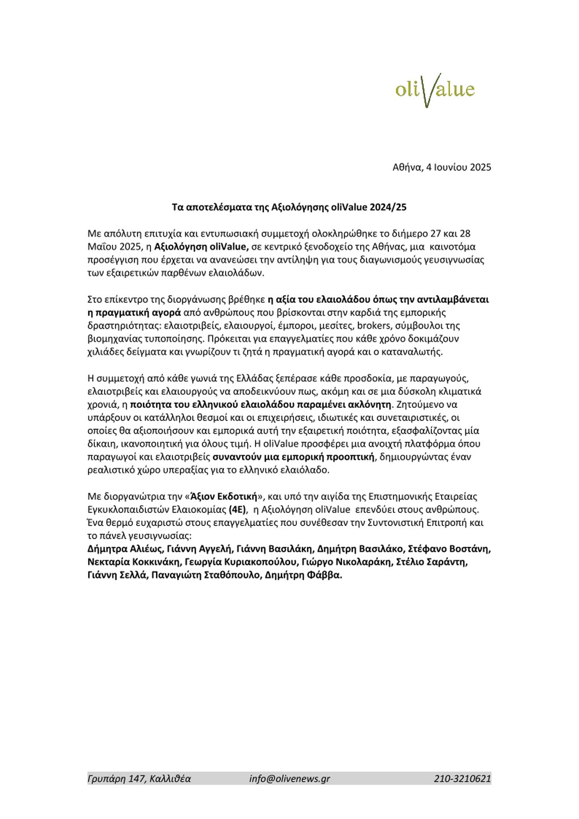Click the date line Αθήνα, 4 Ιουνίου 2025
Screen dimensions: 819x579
click(442, 167)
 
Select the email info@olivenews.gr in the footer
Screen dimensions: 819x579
click(289, 778)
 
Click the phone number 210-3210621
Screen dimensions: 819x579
click(463, 778)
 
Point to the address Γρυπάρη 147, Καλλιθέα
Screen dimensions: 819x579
click(139, 778)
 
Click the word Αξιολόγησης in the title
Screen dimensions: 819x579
click(296, 207)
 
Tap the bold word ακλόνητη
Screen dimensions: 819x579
click(370, 404)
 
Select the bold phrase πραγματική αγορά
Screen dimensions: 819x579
click(139, 312)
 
